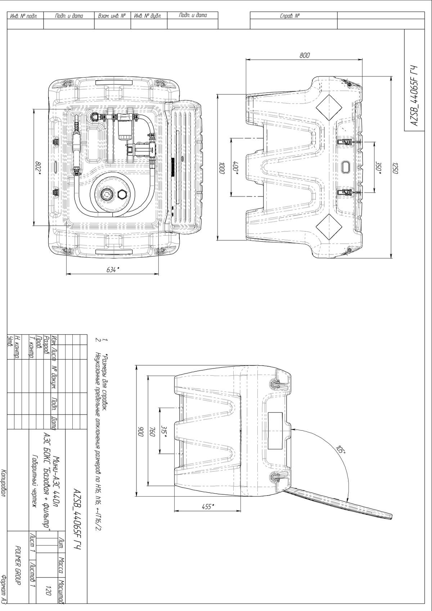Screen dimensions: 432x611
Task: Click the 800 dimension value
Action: (x=305, y=55)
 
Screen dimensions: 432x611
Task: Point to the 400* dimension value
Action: (x=236, y=166)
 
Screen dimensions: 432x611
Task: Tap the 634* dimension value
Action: (x=113, y=270)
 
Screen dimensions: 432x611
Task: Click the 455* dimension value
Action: (x=208, y=507)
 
